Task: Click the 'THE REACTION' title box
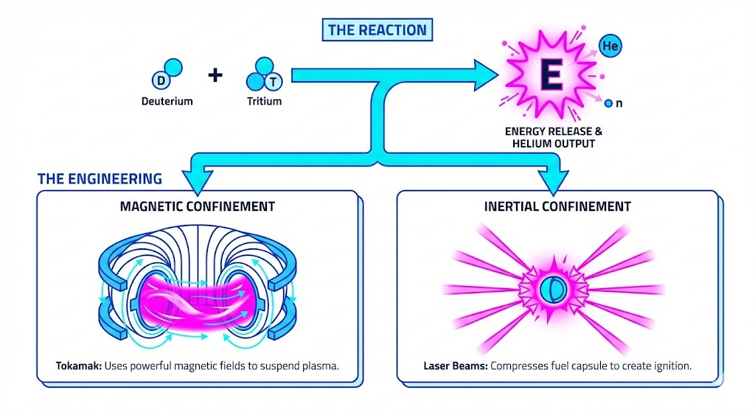point(377,30)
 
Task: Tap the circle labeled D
point(160,80)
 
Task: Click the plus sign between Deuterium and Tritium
point(215,74)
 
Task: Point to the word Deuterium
point(167,101)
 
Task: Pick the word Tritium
point(265,101)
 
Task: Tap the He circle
point(610,46)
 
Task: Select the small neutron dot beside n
point(608,104)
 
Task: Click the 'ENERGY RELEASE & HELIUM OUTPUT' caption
point(554,137)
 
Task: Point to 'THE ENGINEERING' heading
point(100,178)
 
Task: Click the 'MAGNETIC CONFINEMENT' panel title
point(197,206)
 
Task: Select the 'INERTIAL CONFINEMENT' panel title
point(557,206)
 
